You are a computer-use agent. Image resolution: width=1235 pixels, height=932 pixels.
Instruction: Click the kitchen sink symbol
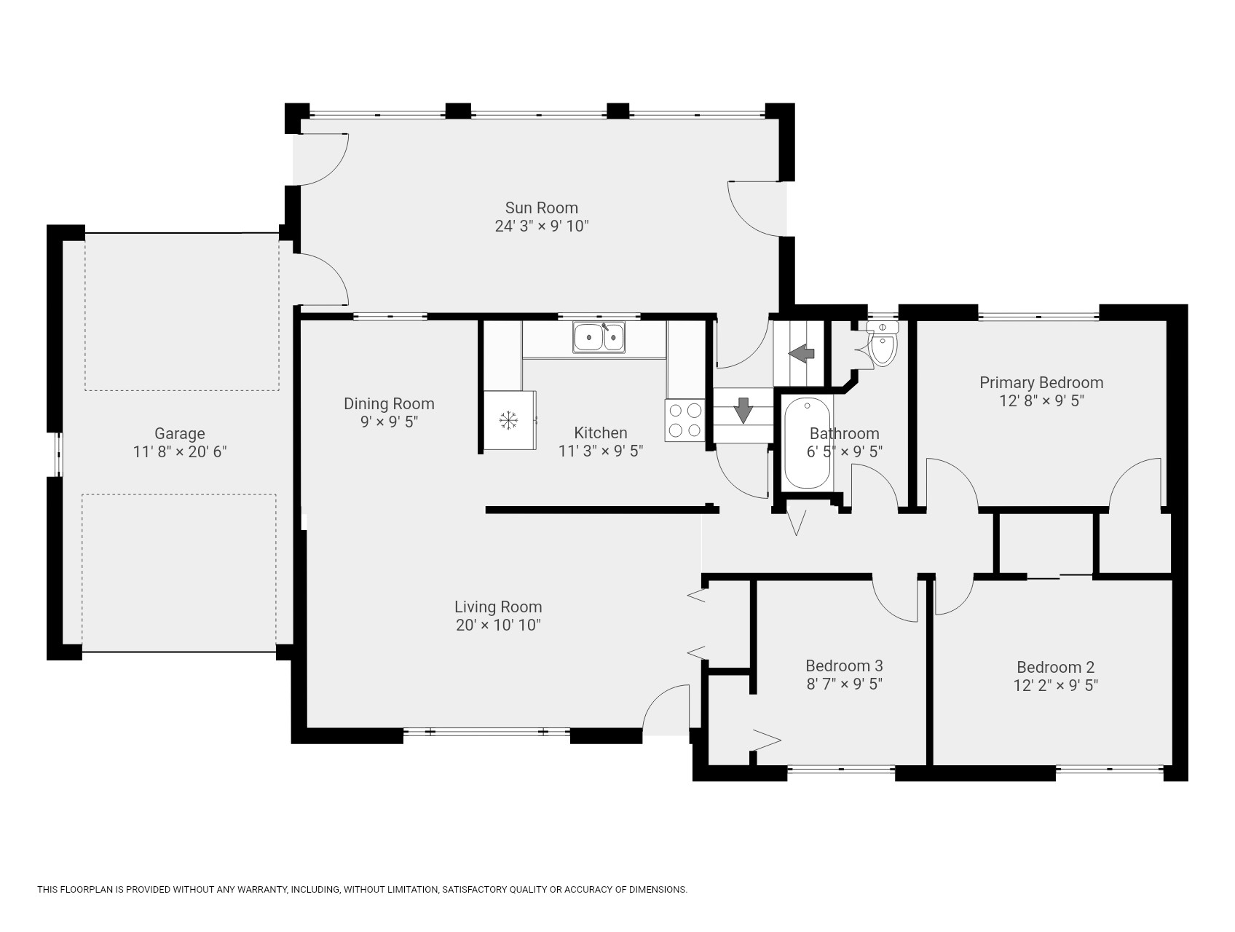[x=599, y=337]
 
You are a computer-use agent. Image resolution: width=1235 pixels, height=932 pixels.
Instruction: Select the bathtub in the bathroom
[x=807, y=443]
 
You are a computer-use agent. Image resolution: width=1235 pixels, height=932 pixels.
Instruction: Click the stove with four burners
[x=684, y=420]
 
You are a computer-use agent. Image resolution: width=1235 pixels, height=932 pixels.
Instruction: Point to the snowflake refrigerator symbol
[x=508, y=420]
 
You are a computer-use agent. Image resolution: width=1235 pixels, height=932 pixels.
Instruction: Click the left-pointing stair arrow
[x=802, y=354]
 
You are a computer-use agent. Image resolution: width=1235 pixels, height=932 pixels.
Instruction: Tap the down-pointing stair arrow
[x=743, y=410]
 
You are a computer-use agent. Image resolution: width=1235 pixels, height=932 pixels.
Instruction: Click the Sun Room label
[x=542, y=208]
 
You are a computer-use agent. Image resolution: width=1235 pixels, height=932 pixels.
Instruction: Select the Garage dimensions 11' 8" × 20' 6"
[x=180, y=451]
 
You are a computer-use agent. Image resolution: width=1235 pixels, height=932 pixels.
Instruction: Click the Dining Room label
[x=389, y=403]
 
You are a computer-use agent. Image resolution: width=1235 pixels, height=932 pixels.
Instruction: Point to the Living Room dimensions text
[x=498, y=625]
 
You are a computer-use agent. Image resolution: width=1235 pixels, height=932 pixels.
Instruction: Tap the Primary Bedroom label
[x=1041, y=382]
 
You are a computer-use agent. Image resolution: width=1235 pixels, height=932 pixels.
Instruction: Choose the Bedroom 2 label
[x=1055, y=667]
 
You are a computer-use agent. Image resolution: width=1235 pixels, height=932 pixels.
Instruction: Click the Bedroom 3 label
[x=844, y=666]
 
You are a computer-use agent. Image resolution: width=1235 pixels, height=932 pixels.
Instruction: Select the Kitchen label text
[x=601, y=433]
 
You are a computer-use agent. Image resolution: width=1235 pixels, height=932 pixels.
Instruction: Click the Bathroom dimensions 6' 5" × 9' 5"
[x=845, y=451]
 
